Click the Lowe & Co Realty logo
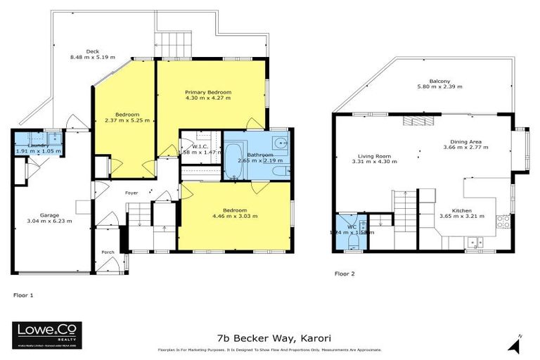pos(47,335)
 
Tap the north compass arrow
pos(519,344)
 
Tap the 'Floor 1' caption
pos(24,296)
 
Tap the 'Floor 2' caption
pos(345,273)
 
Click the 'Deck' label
pos(92,51)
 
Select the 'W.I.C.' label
pos(198,145)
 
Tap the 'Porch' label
pos(108,252)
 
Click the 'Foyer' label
pos(131,192)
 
